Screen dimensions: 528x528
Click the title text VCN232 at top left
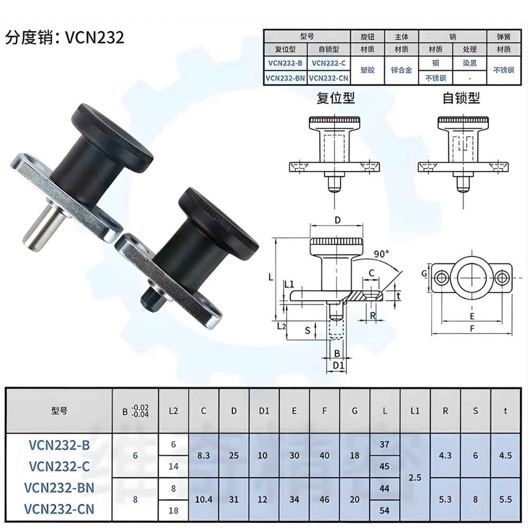pos(95,37)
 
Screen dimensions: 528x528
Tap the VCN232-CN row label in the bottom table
pos(62,510)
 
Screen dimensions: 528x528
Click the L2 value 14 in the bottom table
pos(173,466)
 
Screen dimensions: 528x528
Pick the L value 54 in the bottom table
pos(384,511)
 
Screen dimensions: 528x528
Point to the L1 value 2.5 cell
pos(415,477)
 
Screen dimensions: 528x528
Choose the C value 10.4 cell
pos(204,499)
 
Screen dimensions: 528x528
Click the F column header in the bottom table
pos(324,411)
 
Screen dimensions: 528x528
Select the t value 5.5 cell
pos(505,499)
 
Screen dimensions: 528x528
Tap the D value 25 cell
pos(234,455)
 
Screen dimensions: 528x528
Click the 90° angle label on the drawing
pos(380,253)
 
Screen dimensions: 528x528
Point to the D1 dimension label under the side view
pos(338,365)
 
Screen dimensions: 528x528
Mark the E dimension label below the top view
pos(472,316)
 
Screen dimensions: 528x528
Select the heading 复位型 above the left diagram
pos(335,98)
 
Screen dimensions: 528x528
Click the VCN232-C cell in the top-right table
pos(328,63)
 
